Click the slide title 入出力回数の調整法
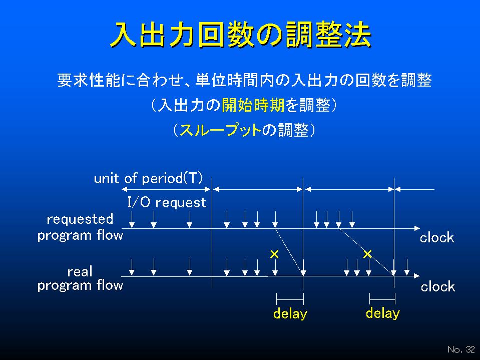(x=241, y=34)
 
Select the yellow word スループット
(x=220, y=130)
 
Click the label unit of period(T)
(x=148, y=178)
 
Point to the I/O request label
(x=167, y=202)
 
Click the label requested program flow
(x=80, y=227)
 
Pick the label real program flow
(x=80, y=278)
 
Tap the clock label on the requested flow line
(x=437, y=237)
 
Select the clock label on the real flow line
(x=438, y=287)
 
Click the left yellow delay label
(x=290, y=314)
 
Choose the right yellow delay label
(x=383, y=313)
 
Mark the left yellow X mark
(x=274, y=254)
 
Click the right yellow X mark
(x=367, y=254)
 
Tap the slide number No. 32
(x=461, y=349)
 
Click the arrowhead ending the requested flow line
(x=417, y=228)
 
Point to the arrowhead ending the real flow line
(x=417, y=276)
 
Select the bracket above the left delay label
(x=290, y=299)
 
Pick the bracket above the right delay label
(x=382, y=299)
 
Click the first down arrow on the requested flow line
(x=132, y=219)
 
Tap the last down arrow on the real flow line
(x=406, y=267)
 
